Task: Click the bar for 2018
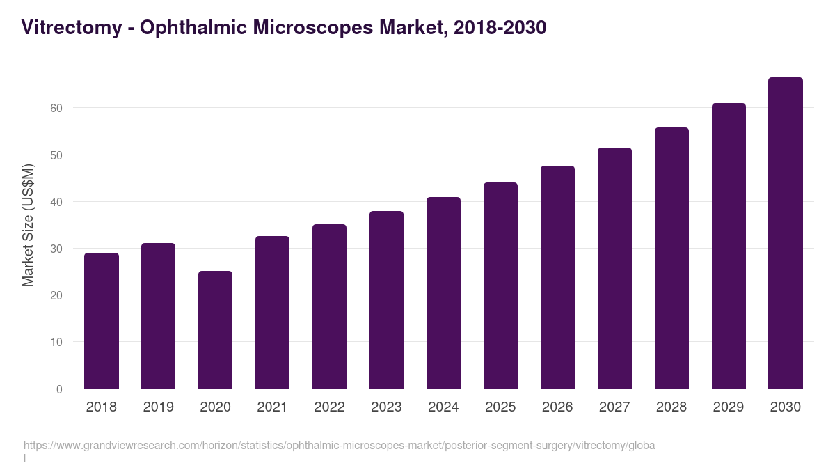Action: coord(102,321)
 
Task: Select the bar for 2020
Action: coord(215,330)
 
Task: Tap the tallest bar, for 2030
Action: coord(786,233)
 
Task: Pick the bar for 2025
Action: coord(500,285)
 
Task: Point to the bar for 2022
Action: coord(329,306)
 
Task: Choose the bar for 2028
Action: coord(671,258)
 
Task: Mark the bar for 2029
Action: coord(729,246)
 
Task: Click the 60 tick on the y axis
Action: coord(56,109)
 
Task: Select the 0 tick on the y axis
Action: coord(59,389)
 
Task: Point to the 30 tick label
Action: coord(56,249)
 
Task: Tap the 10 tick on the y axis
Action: coord(56,343)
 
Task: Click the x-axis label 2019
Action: coord(158,407)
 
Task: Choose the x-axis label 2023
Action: coord(386,407)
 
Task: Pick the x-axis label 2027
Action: coord(614,407)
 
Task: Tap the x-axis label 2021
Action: coord(272,407)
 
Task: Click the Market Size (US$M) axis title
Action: coord(28,225)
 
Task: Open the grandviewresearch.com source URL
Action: coord(339,445)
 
